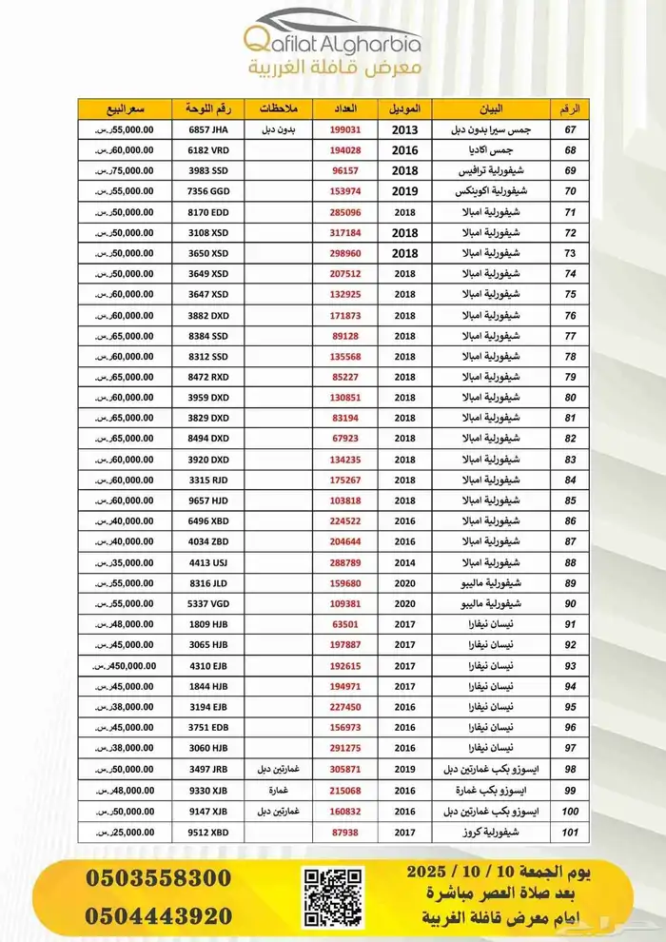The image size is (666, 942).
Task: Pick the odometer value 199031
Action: [x=345, y=129]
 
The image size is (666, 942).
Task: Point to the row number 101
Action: [x=570, y=832]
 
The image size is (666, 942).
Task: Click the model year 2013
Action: [x=405, y=129]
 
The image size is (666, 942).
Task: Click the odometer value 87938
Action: [x=345, y=832]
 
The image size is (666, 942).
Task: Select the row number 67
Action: [x=570, y=129]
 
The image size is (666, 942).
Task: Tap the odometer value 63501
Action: [x=345, y=625]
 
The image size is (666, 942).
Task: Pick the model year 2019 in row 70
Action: [x=405, y=191]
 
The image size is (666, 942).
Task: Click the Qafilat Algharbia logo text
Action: [x=332, y=43]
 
